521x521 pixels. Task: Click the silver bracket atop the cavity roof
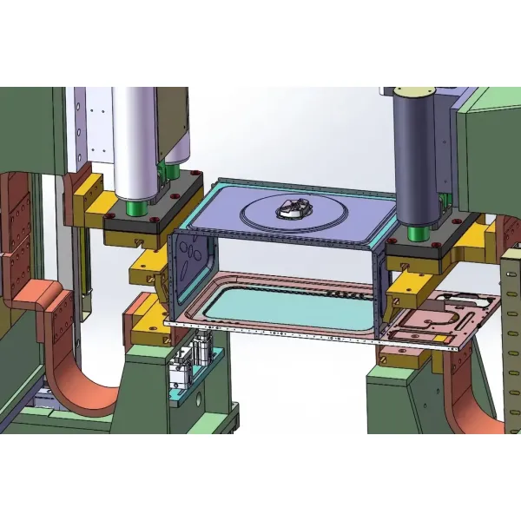[293, 208]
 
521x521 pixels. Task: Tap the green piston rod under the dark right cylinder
[416, 233]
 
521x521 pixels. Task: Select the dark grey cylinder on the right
[416, 156]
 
